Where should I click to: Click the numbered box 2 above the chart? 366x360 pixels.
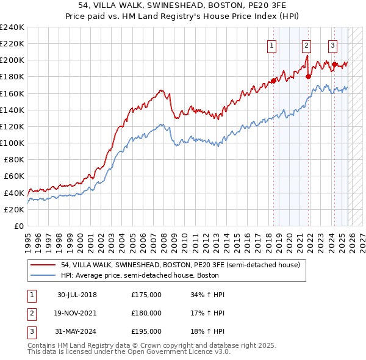(x=306, y=45)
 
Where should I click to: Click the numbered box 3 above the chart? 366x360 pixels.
(x=332, y=45)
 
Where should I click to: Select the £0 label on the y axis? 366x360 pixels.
(x=18, y=226)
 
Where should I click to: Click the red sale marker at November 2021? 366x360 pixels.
(x=308, y=77)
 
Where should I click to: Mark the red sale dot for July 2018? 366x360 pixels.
(x=273, y=81)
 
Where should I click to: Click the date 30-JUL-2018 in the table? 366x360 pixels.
(x=77, y=295)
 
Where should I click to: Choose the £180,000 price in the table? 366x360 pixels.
(x=146, y=313)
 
